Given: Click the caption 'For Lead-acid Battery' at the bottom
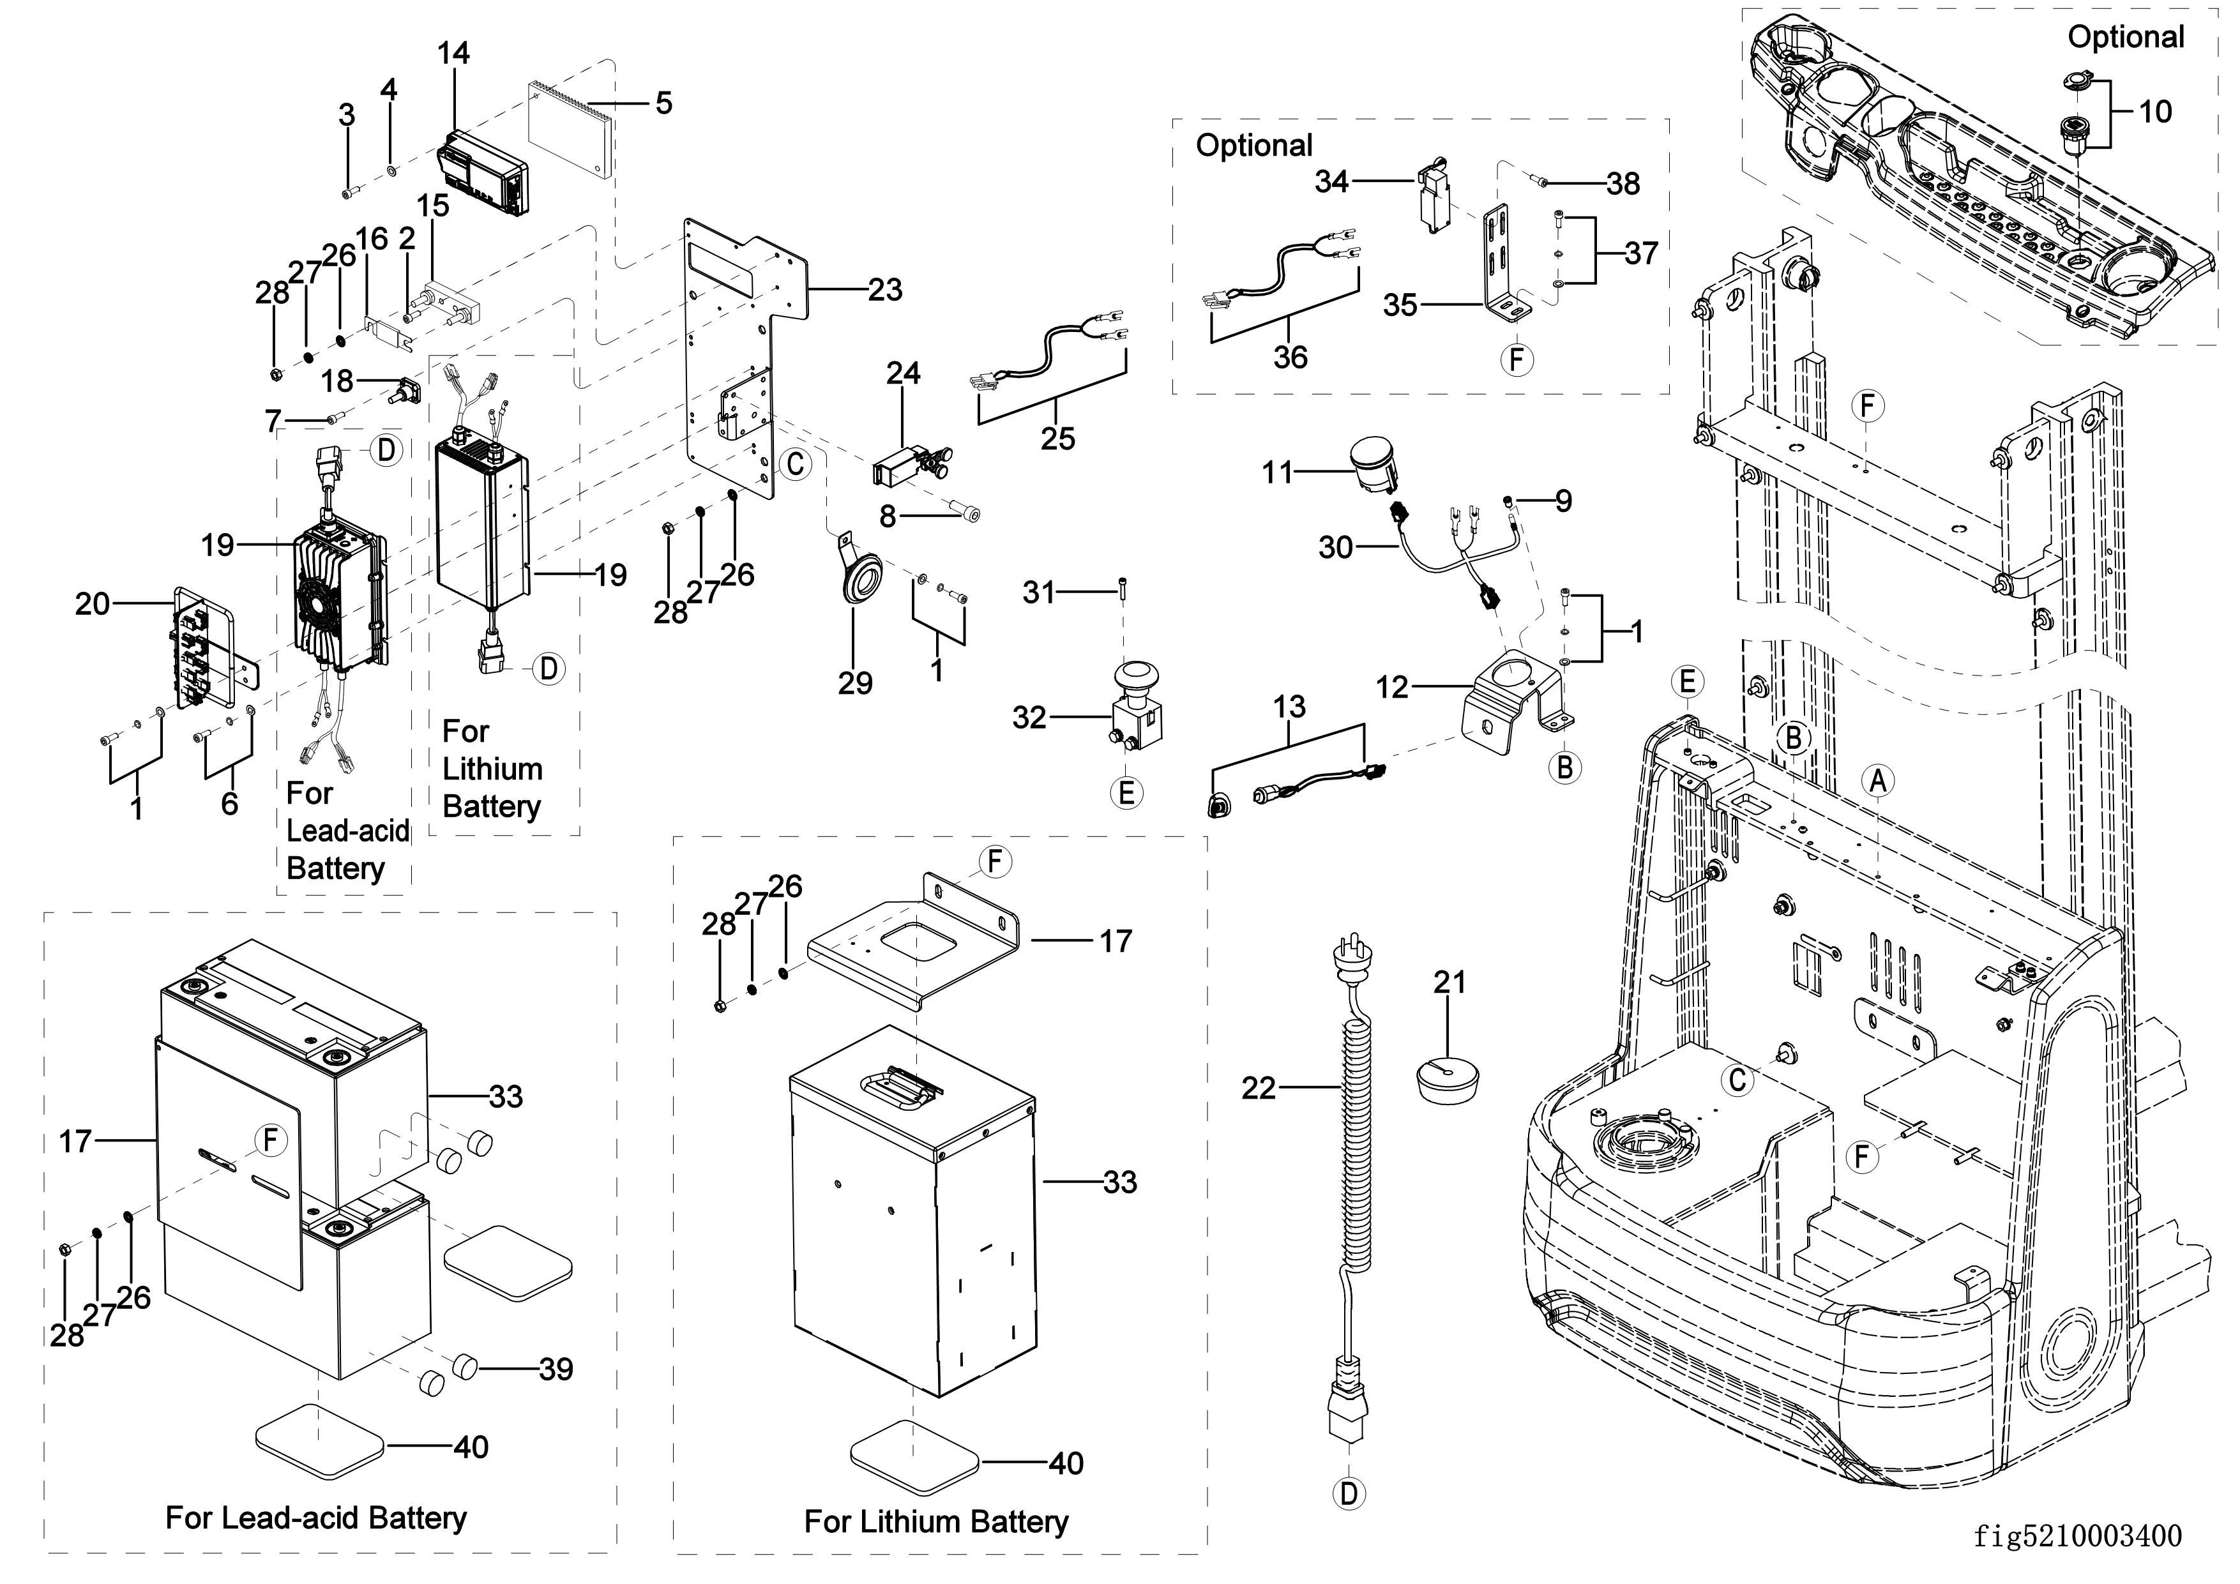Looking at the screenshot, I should [316, 1517].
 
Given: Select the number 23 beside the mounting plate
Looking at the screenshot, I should [885, 290].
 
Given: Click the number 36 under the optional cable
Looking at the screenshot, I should [1290, 357].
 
